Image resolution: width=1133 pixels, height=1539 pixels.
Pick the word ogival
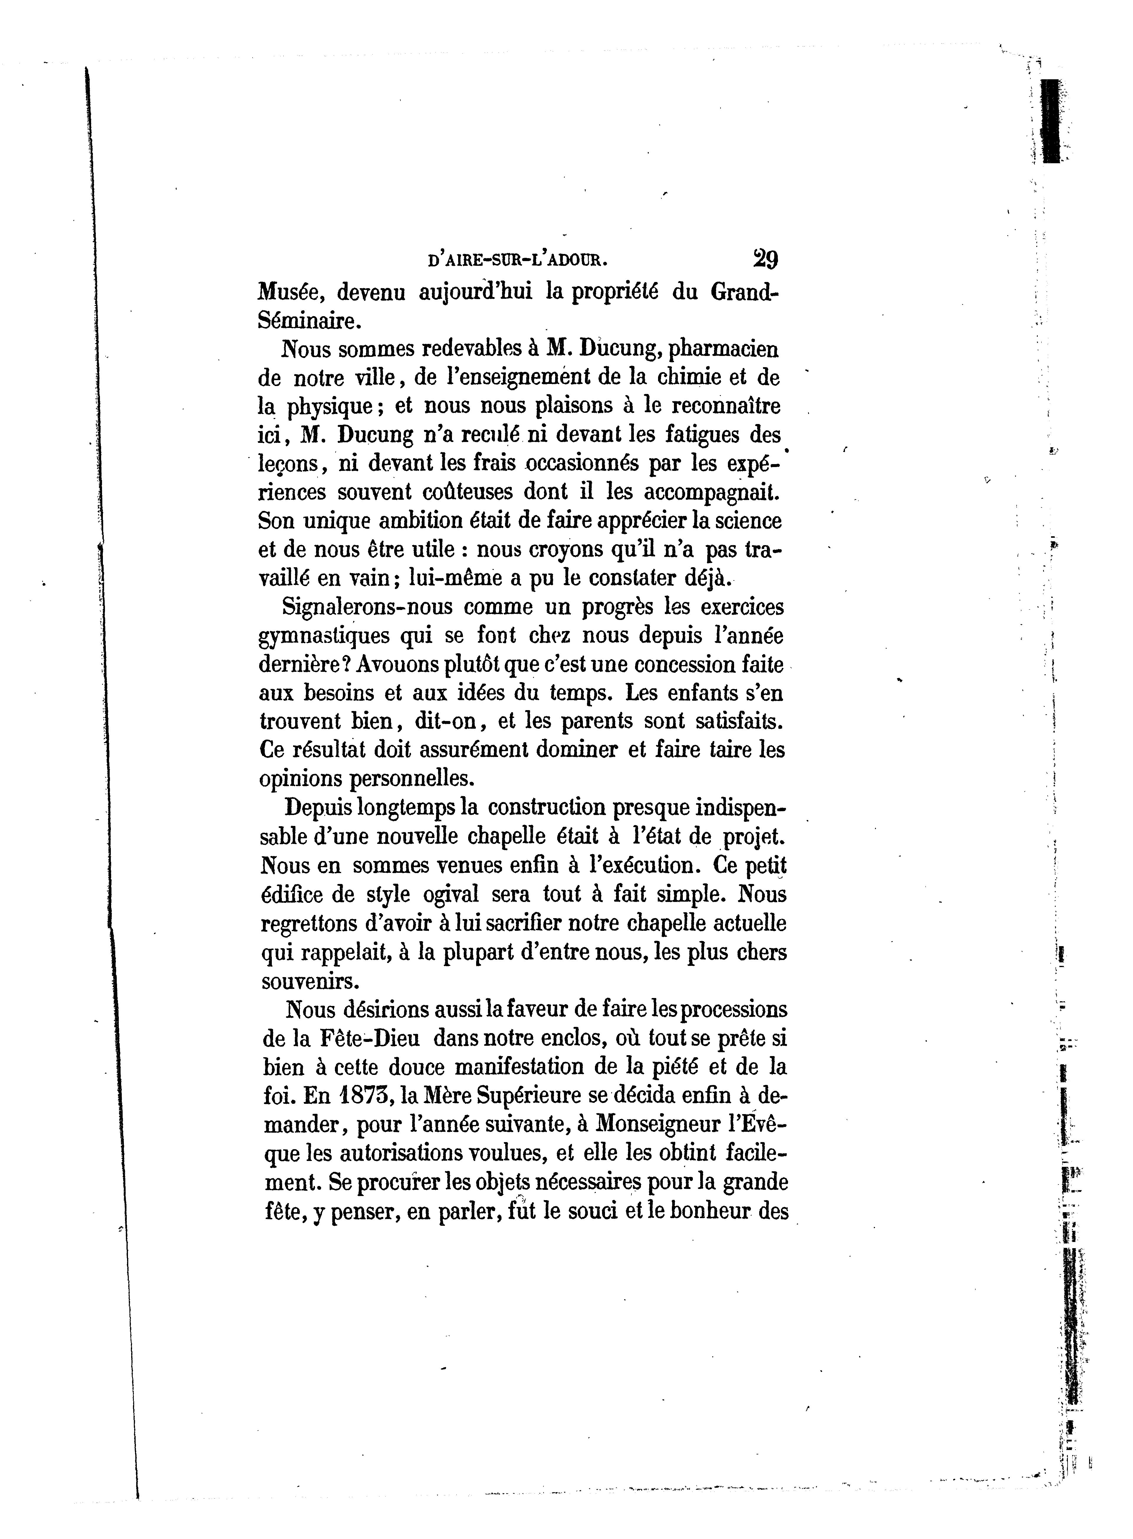452,895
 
